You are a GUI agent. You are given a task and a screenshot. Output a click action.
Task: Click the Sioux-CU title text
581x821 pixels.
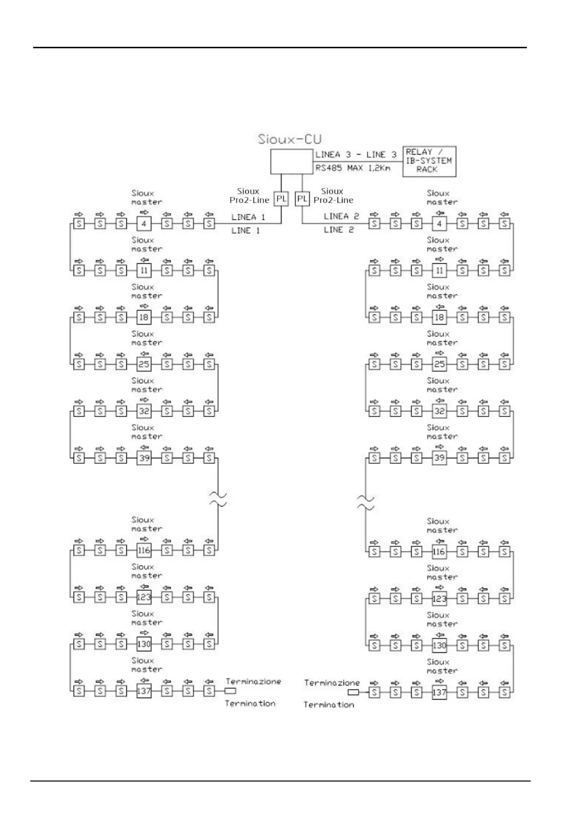(x=290, y=139)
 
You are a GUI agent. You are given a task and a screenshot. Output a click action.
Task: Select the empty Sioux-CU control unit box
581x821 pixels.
(x=291, y=161)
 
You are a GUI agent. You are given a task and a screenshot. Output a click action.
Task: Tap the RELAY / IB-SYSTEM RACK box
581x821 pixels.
(x=429, y=161)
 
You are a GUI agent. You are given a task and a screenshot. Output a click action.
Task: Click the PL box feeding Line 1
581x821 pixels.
(x=281, y=199)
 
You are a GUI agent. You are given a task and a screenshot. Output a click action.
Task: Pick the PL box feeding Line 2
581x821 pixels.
(x=302, y=199)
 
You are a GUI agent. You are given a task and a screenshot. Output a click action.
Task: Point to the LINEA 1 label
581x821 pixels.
(x=248, y=217)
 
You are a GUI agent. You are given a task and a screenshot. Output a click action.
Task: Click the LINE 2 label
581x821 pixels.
(x=339, y=230)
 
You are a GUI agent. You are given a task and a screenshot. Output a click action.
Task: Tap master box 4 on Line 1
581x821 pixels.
(x=144, y=224)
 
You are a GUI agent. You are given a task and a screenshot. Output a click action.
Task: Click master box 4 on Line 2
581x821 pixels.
(x=440, y=224)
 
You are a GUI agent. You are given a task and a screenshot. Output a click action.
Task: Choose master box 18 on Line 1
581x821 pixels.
(x=144, y=317)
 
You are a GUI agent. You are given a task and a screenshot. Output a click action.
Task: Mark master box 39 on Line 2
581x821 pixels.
(x=440, y=458)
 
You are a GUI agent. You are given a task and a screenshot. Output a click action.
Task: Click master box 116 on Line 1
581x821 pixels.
(x=144, y=550)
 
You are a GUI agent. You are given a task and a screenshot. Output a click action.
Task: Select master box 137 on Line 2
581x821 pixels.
(x=440, y=692)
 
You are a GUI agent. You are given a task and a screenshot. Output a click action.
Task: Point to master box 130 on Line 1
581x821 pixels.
(x=144, y=644)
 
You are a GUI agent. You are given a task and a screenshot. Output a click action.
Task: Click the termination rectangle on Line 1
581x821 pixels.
(x=230, y=691)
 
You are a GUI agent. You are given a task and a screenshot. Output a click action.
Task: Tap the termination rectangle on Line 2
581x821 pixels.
(x=353, y=692)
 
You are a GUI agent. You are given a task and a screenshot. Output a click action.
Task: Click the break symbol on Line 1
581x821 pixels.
(x=218, y=499)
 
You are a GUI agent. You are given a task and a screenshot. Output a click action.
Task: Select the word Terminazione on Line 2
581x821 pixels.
(x=332, y=683)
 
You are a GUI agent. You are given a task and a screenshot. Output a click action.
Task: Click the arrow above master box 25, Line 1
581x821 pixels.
(x=144, y=353)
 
